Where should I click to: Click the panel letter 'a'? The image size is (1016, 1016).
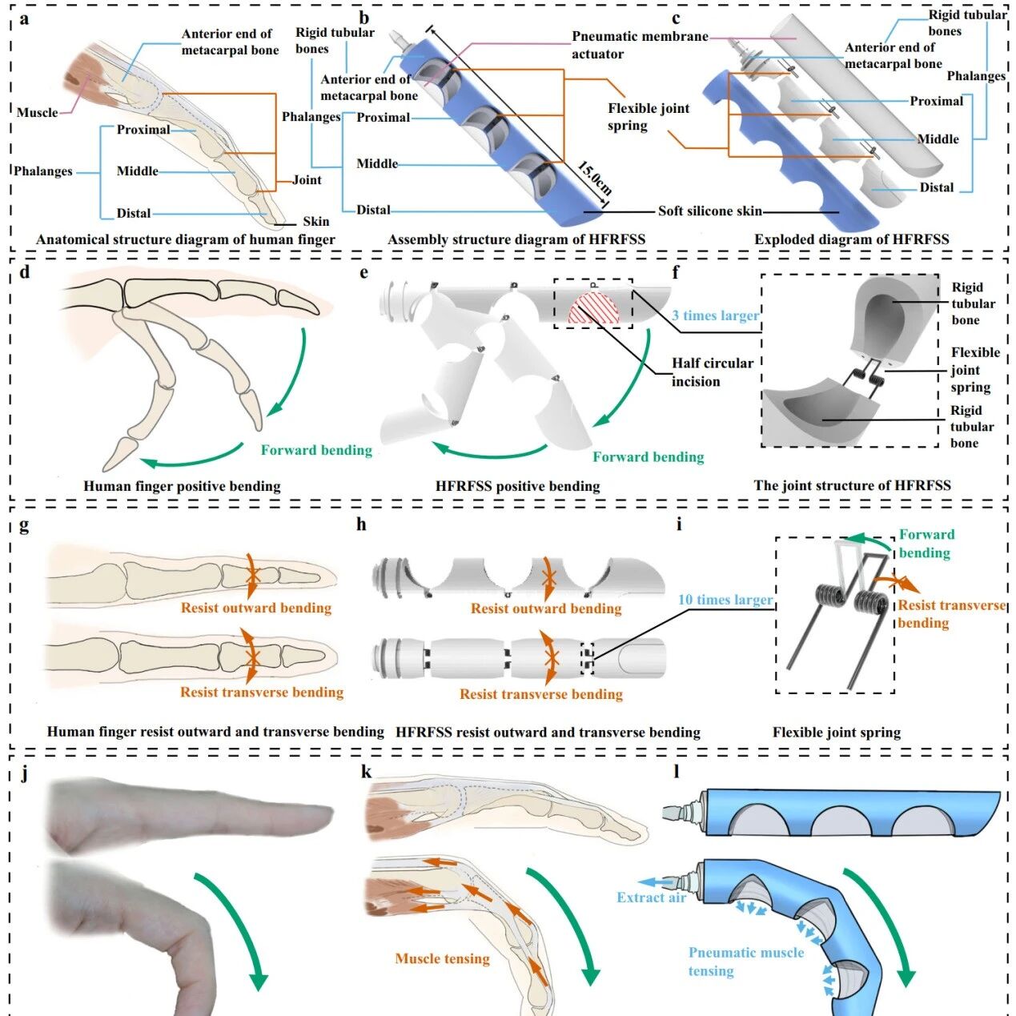tap(24, 19)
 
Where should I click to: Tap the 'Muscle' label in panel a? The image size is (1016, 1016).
tap(37, 112)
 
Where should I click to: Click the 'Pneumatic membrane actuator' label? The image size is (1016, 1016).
tap(639, 45)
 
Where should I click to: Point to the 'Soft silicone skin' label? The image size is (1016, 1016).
tap(709, 211)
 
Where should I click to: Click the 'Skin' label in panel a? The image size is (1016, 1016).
tap(315, 222)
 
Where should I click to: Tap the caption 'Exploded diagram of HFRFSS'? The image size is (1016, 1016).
tap(851, 239)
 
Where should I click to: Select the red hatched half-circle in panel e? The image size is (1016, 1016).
tap(589, 308)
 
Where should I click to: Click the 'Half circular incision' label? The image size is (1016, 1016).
tap(712, 371)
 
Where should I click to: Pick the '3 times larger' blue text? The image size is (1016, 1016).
tap(715, 315)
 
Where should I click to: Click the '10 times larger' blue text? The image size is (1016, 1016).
tap(725, 600)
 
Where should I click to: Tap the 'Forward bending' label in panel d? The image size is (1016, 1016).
tap(316, 450)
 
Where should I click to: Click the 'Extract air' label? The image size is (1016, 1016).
tap(651, 898)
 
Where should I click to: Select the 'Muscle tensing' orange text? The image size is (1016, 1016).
tap(442, 958)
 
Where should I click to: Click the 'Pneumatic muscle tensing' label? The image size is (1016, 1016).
tap(745, 962)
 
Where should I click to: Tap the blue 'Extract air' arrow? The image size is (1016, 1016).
tap(658, 881)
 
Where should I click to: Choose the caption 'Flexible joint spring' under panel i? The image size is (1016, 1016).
tap(836, 732)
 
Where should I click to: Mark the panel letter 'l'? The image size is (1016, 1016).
tap(677, 772)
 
